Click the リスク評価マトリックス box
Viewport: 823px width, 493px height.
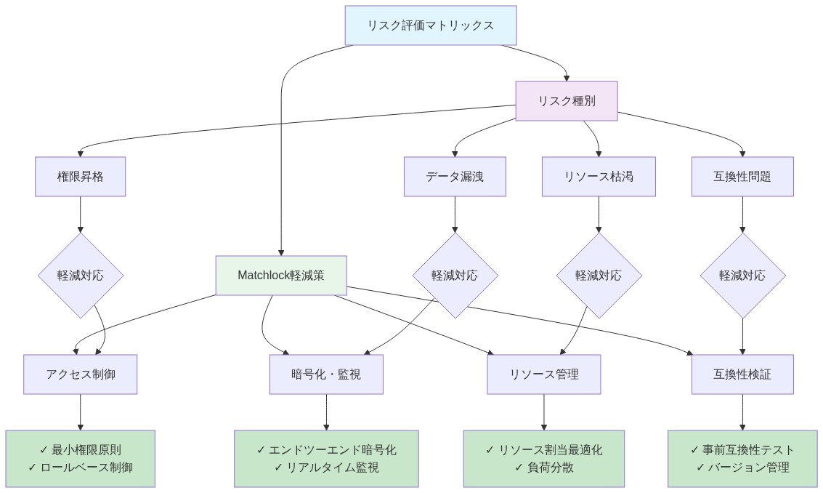(430, 25)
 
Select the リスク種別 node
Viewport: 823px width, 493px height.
(566, 101)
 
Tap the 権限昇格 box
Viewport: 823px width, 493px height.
(80, 177)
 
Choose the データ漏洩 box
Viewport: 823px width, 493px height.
(455, 177)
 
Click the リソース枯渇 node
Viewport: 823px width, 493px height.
(599, 177)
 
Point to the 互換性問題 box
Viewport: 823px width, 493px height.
(742, 177)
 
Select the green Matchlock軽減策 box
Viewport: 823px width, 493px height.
(281, 276)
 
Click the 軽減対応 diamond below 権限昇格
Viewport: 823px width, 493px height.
(80, 276)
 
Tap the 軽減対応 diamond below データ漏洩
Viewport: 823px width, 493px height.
(455, 276)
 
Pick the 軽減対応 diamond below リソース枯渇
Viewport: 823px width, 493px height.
(599, 276)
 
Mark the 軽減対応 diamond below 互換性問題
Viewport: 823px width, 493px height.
(742, 276)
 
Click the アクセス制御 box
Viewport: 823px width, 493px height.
(80, 374)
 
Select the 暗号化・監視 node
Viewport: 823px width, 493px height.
(326, 374)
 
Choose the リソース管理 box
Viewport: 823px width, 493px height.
(543, 374)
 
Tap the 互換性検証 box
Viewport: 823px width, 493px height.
(742, 374)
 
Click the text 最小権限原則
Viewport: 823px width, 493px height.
(86, 450)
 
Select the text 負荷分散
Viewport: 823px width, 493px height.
(551, 468)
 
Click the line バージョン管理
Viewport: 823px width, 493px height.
(749, 468)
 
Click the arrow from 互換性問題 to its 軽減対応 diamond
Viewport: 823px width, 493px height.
(742, 215)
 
